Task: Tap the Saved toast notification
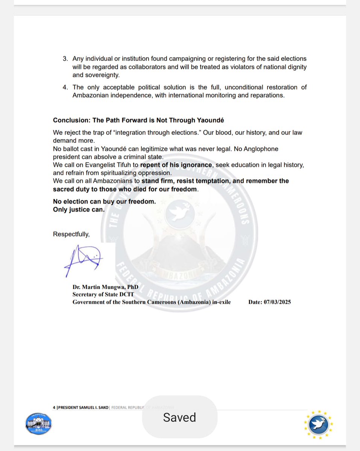(179, 417)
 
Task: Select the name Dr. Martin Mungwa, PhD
(105, 287)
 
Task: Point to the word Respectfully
(71, 234)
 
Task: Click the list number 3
(65, 59)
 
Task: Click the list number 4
(65, 87)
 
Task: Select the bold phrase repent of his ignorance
(176, 165)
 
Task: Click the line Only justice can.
(79, 209)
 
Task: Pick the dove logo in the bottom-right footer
(319, 424)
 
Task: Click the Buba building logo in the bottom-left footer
(39, 425)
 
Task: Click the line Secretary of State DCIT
(103, 295)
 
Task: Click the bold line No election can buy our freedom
(104, 201)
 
